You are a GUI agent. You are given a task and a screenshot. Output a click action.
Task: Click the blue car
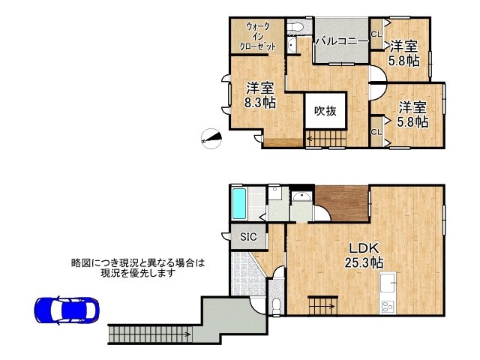(x=65, y=310)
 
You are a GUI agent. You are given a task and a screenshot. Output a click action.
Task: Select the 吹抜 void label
(x=325, y=111)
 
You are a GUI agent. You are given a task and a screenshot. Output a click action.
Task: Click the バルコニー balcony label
(x=340, y=40)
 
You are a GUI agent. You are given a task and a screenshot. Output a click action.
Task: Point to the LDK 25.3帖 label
(x=365, y=255)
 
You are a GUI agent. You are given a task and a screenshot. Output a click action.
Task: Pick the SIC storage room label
(x=248, y=237)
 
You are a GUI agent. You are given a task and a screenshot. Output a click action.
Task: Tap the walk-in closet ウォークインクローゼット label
(x=257, y=36)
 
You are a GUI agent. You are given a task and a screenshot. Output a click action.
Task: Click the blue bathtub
(x=240, y=202)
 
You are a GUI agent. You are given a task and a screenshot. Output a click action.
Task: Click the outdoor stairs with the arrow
(x=150, y=332)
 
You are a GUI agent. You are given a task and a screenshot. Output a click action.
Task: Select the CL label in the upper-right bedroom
(x=376, y=33)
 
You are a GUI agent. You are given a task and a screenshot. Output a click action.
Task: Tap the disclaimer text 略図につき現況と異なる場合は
(x=137, y=262)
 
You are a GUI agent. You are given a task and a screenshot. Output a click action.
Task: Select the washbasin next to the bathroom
(x=303, y=198)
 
